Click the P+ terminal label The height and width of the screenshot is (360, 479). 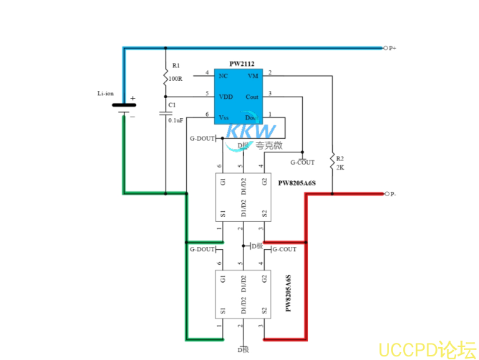coord(393,48)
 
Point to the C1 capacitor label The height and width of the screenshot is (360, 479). coord(171,105)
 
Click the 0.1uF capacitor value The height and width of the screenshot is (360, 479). coord(175,120)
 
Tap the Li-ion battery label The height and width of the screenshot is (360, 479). coord(105,93)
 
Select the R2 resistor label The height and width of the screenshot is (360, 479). coord(340,158)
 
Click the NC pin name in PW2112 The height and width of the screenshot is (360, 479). coord(223,76)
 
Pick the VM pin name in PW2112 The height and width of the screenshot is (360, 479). coord(253,76)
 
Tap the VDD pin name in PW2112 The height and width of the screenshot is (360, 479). coord(226,96)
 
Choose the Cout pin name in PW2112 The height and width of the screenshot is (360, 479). coord(252,96)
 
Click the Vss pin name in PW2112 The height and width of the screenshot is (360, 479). coord(224,117)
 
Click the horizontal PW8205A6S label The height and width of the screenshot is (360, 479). coord(297,183)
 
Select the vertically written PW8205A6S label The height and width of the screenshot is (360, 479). coord(288,293)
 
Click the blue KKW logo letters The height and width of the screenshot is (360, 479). coord(252,131)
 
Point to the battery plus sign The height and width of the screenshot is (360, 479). coord(132,99)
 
